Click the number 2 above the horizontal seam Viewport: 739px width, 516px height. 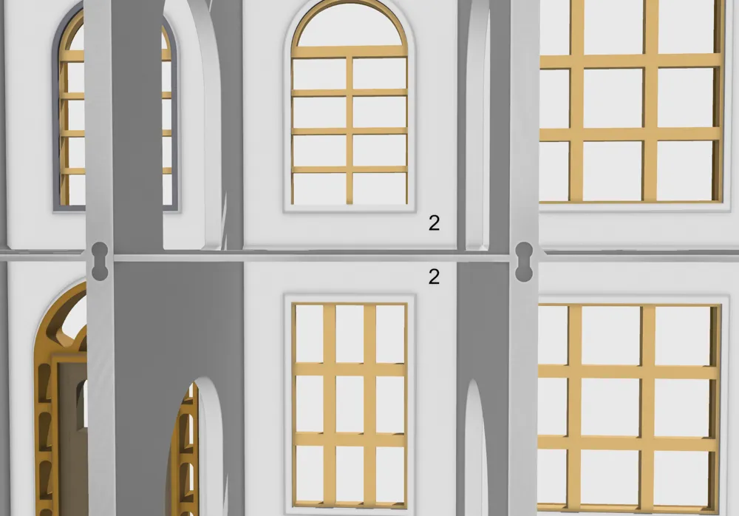coord(434,223)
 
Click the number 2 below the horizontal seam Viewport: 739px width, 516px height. coord(434,276)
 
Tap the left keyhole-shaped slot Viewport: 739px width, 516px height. coord(100,261)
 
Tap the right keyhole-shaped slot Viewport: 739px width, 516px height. coord(524,262)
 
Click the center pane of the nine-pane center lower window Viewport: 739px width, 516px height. coord(350,404)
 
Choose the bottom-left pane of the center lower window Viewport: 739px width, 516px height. coord(309,474)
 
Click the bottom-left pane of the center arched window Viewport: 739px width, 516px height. coord(319,189)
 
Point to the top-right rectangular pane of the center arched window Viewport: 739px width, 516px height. coord(379,73)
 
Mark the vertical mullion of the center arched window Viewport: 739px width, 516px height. coord(350,131)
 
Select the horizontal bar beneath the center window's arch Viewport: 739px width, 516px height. coord(350,52)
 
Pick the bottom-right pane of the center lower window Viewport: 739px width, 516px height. coord(390,474)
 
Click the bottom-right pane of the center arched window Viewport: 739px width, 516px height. coord(379,189)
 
